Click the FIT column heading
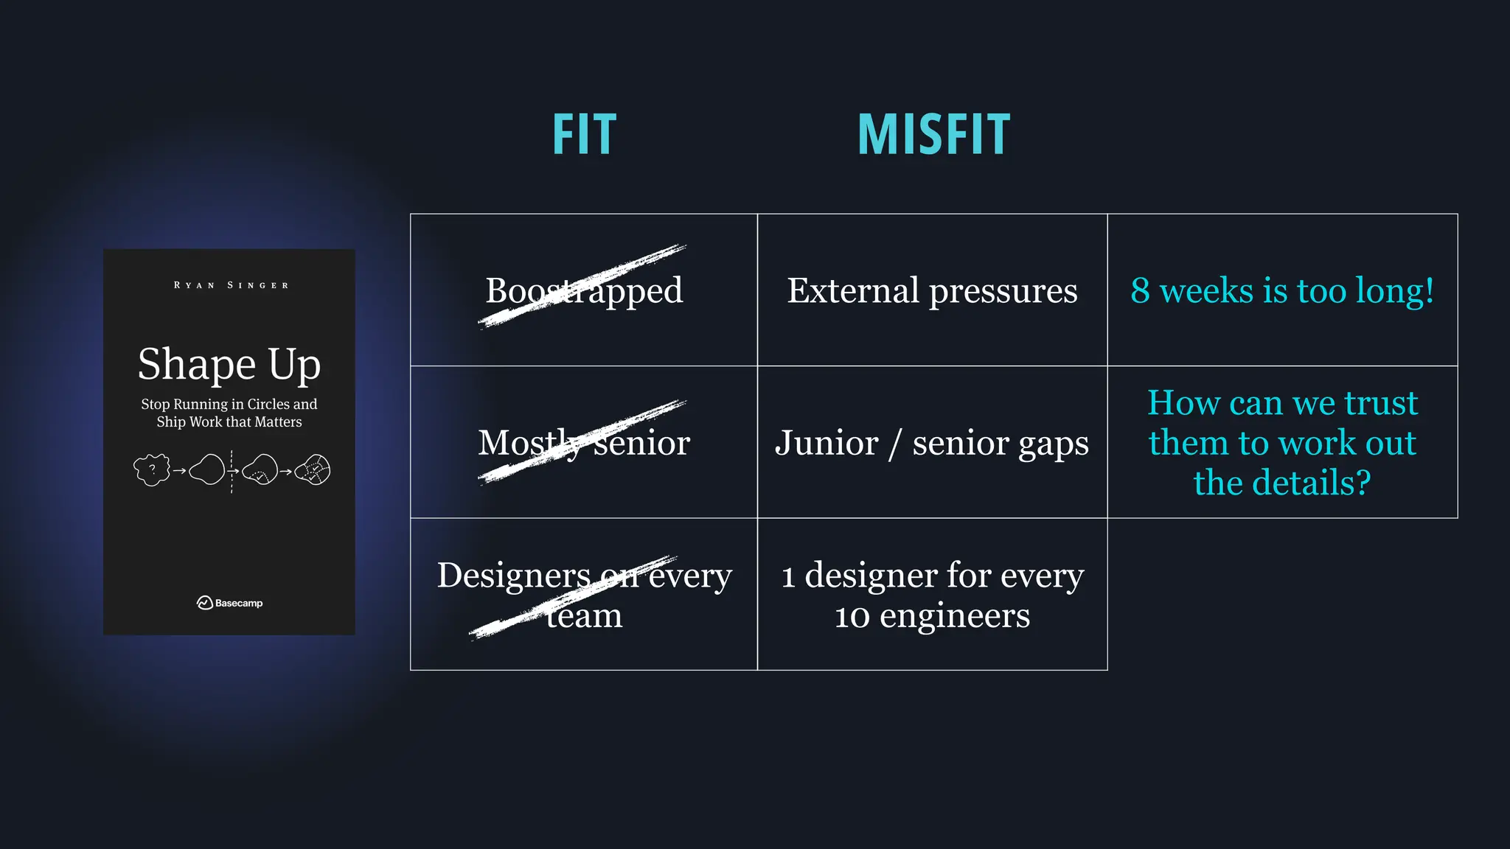(x=584, y=135)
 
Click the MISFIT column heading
(x=933, y=135)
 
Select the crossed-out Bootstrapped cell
(x=584, y=290)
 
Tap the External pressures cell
(x=932, y=290)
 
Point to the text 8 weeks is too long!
(x=1282, y=290)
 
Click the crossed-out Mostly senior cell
(x=584, y=443)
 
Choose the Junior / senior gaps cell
(x=932, y=443)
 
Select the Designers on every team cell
(x=584, y=595)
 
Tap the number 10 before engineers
(x=852, y=616)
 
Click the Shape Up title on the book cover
(x=229, y=364)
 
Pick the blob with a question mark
(x=152, y=469)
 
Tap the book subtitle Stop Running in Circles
(x=229, y=405)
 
